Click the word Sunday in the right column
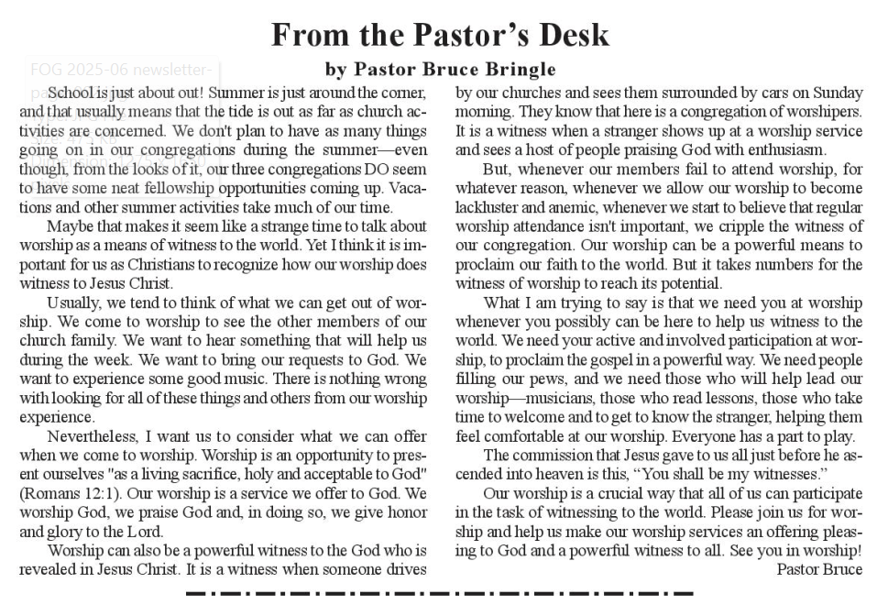837,93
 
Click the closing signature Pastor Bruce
818,569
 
